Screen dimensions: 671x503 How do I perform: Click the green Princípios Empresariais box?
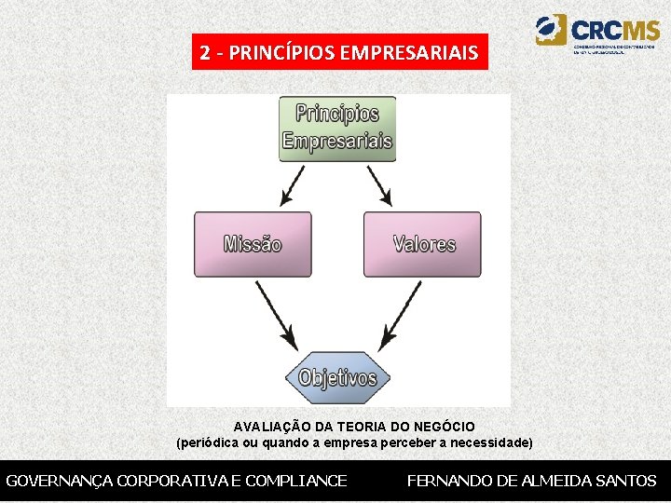pos(336,129)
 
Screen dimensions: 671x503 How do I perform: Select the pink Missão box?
pos(253,244)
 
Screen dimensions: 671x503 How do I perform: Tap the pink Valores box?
pos(423,244)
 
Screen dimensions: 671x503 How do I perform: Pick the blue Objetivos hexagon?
pos(337,377)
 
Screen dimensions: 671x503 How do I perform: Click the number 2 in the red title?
pos(204,53)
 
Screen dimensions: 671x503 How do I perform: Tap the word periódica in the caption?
pos(210,442)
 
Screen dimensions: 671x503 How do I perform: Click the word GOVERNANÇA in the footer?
pos(60,481)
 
